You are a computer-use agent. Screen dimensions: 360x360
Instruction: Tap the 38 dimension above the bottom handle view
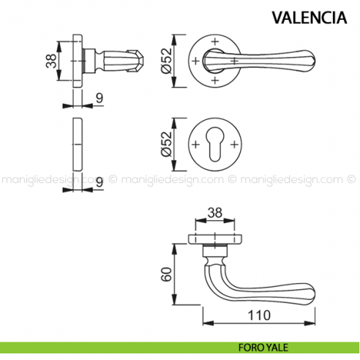(215, 214)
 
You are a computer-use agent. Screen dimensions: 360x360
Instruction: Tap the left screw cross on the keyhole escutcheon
(196, 144)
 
